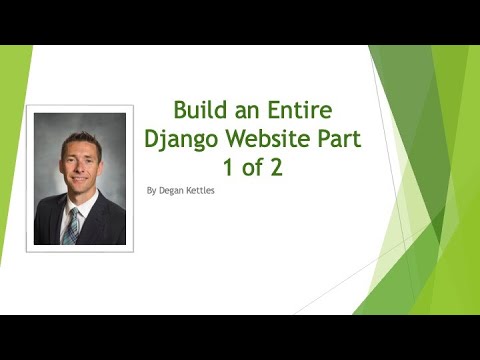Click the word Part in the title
click(x=341, y=138)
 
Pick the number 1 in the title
click(x=225, y=167)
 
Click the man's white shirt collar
click(x=85, y=208)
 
